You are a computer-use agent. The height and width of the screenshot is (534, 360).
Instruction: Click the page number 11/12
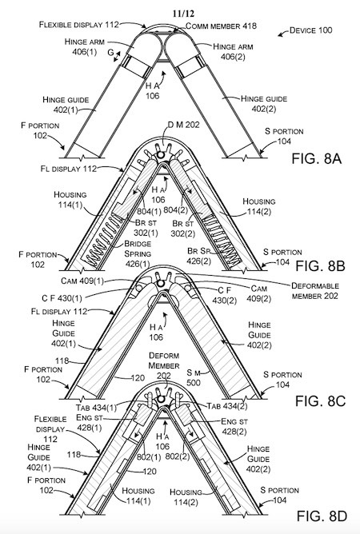(183, 14)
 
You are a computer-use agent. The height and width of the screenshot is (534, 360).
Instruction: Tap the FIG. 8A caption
(316, 159)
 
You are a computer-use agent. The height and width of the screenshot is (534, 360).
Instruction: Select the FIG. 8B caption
(320, 265)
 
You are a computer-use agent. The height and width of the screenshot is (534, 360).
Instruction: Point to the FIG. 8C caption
(320, 400)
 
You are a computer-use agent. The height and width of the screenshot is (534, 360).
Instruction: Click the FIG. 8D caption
(322, 516)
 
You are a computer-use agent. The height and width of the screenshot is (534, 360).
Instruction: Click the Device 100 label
(310, 30)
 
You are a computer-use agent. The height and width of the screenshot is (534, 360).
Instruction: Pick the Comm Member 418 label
(222, 26)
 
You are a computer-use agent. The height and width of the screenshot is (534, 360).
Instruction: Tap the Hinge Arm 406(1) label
(85, 46)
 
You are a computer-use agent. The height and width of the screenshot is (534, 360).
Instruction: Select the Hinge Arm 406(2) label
(233, 51)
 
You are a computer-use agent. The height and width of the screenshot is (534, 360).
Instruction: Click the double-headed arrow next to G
(117, 57)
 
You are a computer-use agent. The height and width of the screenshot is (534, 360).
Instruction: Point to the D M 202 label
(183, 125)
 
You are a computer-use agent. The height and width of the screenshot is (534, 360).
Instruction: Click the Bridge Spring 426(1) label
(138, 253)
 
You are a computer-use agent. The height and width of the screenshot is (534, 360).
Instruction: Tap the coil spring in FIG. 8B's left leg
(103, 240)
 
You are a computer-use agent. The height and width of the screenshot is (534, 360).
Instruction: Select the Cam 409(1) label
(82, 281)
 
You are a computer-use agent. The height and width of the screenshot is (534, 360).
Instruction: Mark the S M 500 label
(194, 377)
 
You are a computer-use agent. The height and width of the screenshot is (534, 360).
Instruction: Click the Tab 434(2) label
(227, 406)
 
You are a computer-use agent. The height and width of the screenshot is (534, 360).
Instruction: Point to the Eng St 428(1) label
(89, 422)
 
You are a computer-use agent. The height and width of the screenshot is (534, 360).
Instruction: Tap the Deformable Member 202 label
(315, 291)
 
